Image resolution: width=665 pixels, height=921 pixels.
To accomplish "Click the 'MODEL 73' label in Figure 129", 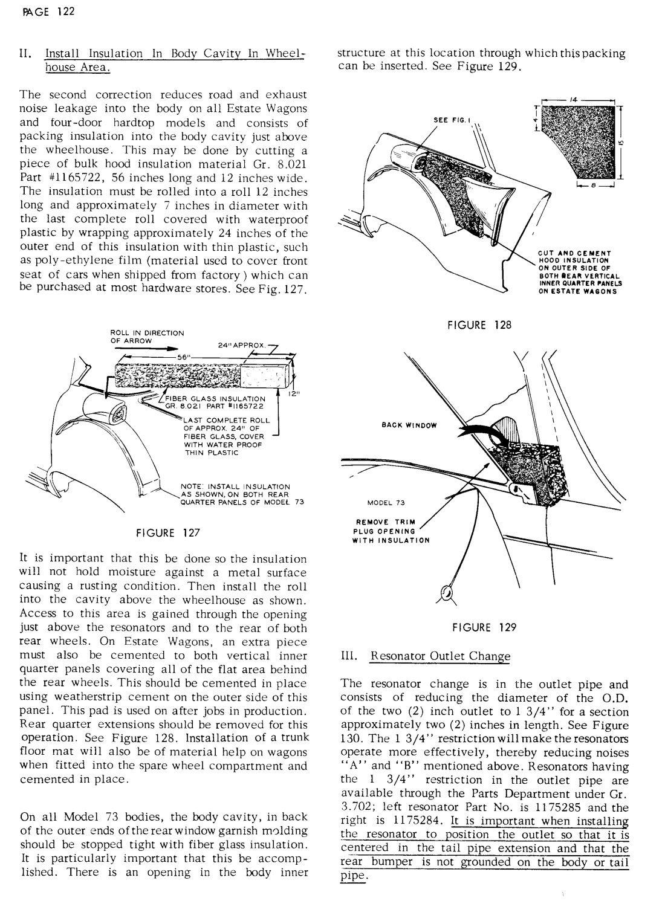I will [386, 503].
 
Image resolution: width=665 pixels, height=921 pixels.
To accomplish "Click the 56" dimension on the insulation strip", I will [181, 357].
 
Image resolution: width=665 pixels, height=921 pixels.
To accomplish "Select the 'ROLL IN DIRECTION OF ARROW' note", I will [147, 336].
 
